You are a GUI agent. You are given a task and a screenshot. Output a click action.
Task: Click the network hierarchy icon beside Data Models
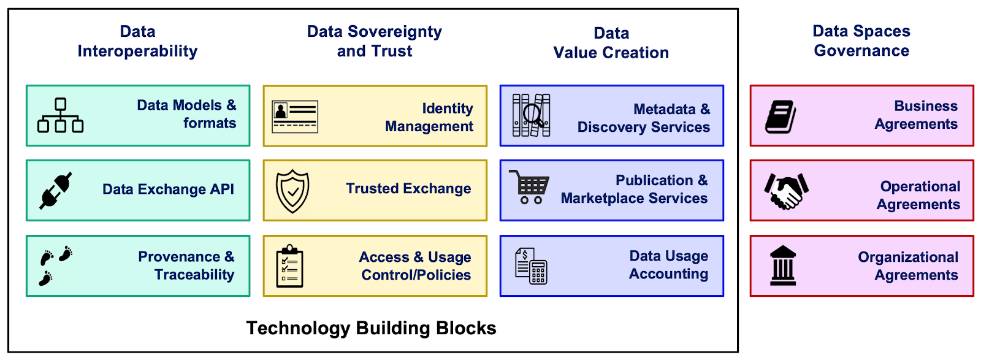pos(60,115)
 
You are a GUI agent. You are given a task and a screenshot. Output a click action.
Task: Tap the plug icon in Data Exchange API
pos(56,190)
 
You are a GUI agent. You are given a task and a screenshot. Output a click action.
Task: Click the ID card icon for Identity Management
pos(295,117)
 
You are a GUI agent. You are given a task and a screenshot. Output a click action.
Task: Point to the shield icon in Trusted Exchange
pos(292,191)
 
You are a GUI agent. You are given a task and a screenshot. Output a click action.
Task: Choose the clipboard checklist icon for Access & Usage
pos(289,266)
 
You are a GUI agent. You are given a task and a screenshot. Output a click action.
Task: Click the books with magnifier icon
pos(531,115)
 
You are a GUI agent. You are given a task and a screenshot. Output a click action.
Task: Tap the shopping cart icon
pos(529,187)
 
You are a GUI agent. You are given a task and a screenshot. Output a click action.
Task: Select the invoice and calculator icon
pos(531,266)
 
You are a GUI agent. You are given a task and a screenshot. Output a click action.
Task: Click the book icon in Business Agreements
pos(781,117)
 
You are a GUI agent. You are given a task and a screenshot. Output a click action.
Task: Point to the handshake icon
pos(786,191)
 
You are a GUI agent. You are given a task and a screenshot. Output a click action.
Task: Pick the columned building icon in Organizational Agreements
pos(783,266)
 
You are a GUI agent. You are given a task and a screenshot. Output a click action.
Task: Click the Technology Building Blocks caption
pos(371,328)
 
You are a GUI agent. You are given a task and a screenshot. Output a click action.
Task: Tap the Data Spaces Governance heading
pos(861,41)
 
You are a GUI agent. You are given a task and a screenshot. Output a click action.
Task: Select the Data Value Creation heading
pos(611,43)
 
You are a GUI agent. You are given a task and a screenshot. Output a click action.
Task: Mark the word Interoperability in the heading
pos(137,52)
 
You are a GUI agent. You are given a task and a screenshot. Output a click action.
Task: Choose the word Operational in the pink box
pos(920,186)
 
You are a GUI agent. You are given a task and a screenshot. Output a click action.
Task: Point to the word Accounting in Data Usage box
pos(668,274)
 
